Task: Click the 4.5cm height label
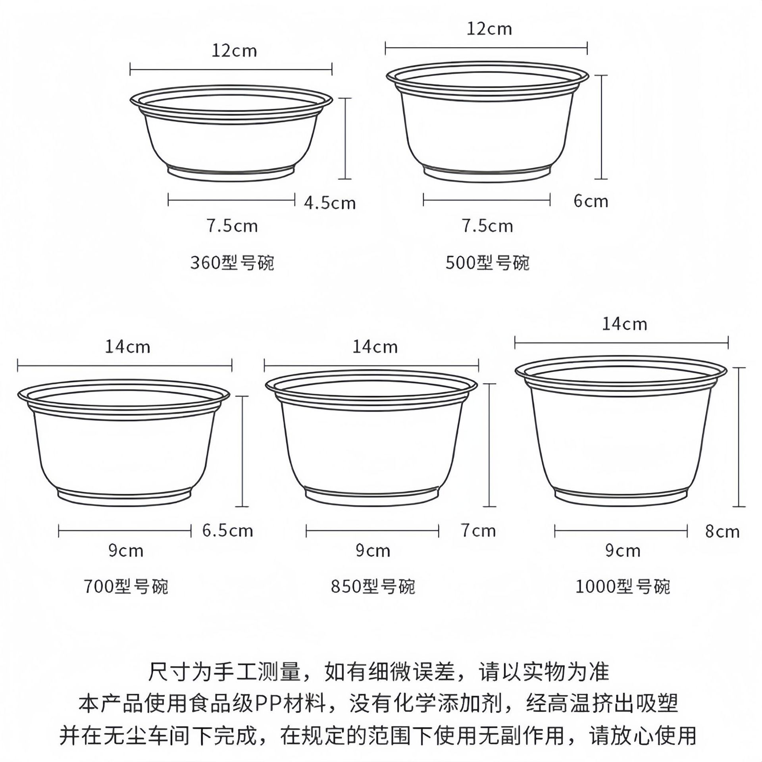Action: click(x=329, y=203)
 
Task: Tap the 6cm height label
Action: click(x=591, y=201)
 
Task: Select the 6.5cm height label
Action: click(x=227, y=531)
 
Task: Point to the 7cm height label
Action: click(x=478, y=531)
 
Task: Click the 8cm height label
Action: click(x=722, y=531)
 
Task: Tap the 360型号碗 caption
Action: click(x=232, y=263)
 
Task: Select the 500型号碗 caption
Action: click(x=487, y=263)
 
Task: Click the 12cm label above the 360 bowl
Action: click(x=234, y=51)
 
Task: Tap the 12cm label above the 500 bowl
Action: click(x=489, y=29)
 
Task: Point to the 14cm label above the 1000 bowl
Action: click(x=625, y=324)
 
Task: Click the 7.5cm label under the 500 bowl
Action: click(x=487, y=226)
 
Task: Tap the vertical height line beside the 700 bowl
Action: click(x=242, y=451)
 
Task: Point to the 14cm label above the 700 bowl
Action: click(x=127, y=347)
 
